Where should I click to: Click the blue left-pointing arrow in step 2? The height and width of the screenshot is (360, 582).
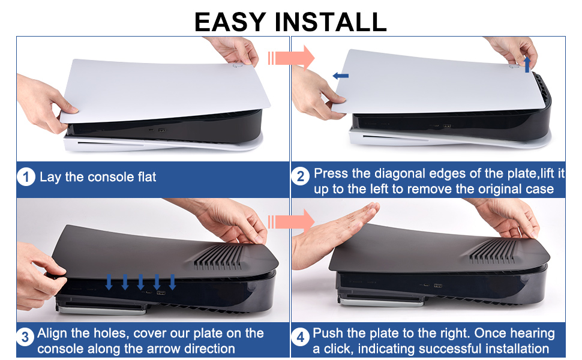point(341,76)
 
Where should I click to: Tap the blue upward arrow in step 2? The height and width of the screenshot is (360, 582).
point(527,64)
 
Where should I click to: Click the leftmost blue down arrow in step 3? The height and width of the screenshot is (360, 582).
point(109,281)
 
